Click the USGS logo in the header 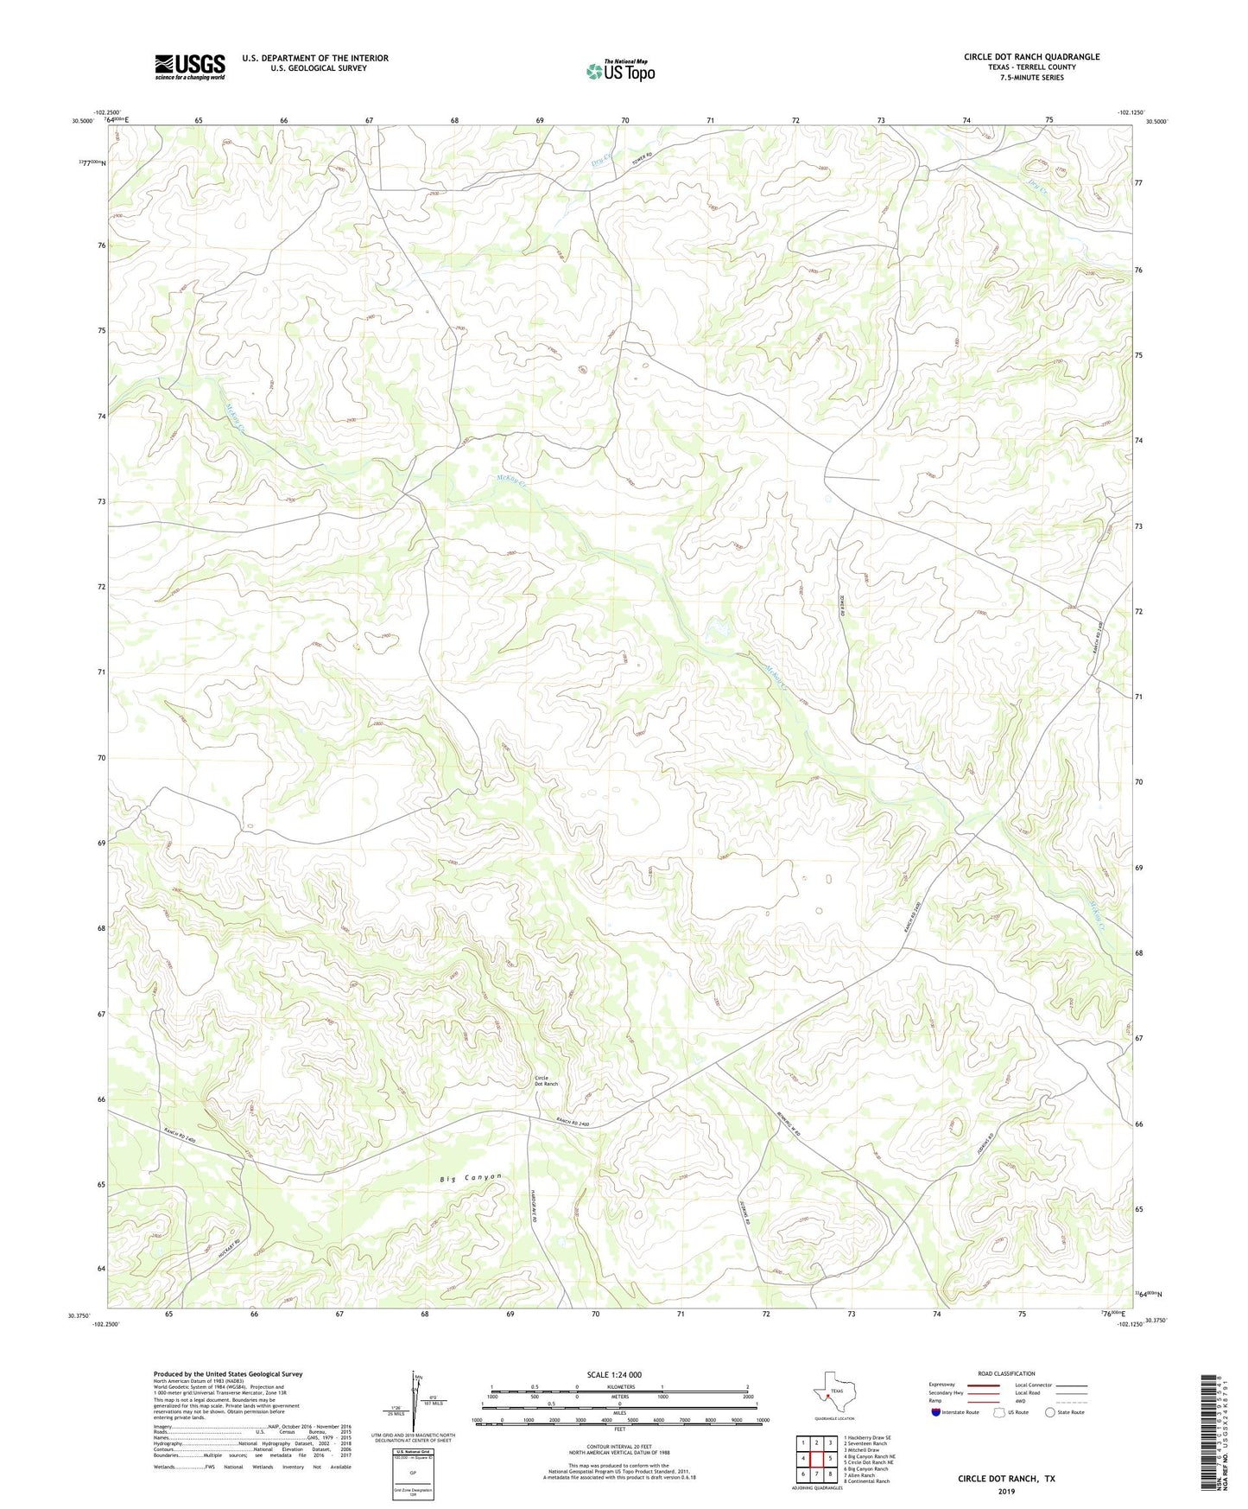pyautogui.click(x=190, y=67)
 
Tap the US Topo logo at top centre pyautogui.click(x=620, y=71)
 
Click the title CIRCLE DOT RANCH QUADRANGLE pyautogui.click(x=1031, y=57)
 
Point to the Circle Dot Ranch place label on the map pyautogui.click(x=546, y=1080)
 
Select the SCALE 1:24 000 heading pyautogui.click(x=614, y=1374)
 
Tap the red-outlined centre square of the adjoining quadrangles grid pyautogui.click(x=816, y=1459)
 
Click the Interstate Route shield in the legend pyautogui.click(x=937, y=1412)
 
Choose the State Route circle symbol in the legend pyautogui.click(x=1050, y=1412)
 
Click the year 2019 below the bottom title pyautogui.click(x=1006, y=1491)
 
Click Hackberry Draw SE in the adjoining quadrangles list pyautogui.click(x=869, y=1438)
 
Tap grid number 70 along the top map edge pyautogui.click(x=625, y=120)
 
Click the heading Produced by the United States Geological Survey pyautogui.click(x=228, y=1373)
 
